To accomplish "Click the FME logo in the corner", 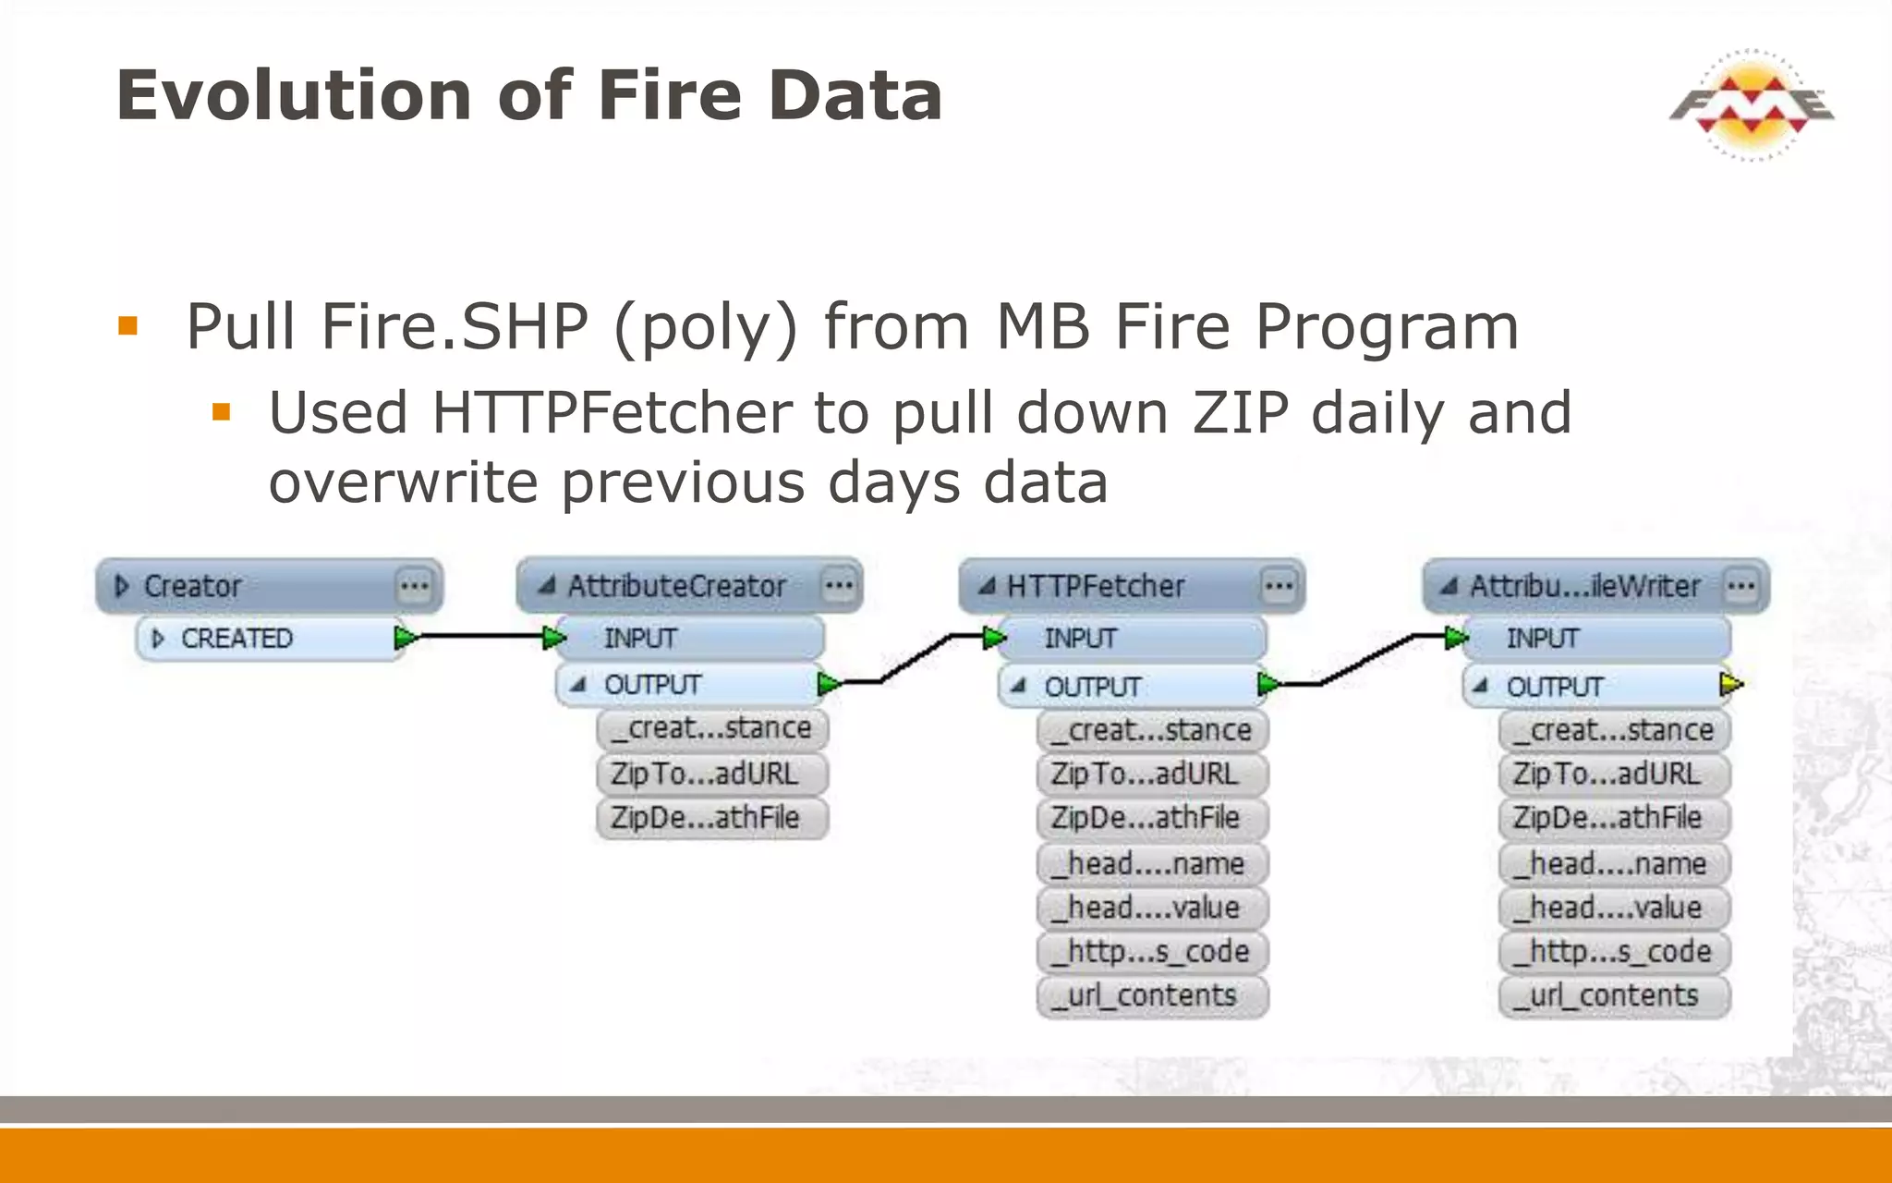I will coord(1752,104).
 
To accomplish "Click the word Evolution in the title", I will coord(294,95).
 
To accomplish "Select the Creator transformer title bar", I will coord(249,586).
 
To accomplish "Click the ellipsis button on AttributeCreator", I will coord(839,585).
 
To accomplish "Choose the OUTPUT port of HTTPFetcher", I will coord(1092,687).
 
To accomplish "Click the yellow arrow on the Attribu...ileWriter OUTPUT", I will coord(1730,686).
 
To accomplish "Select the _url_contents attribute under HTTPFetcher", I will coord(1151,995).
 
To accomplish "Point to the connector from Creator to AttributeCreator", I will coord(480,637).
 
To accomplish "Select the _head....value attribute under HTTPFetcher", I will coord(1151,908).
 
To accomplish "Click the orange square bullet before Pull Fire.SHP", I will coord(127,326).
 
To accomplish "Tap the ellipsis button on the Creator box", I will coord(414,586).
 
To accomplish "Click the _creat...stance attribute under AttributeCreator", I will coord(711,728).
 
